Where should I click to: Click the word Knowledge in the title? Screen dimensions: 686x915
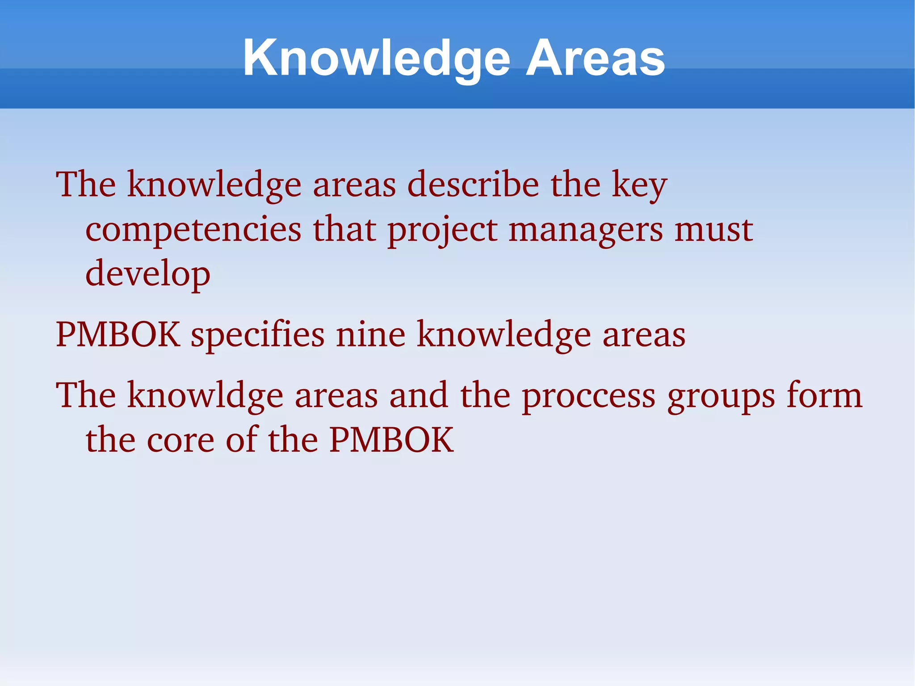click(x=376, y=58)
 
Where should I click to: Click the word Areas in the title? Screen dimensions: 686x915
click(x=595, y=58)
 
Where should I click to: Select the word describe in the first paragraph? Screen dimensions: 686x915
click(x=473, y=184)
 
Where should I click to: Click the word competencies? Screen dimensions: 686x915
click(x=193, y=230)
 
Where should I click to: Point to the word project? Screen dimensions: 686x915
click(x=442, y=231)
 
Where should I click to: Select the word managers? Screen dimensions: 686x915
click(x=585, y=231)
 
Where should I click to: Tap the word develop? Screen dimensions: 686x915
click(x=147, y=274)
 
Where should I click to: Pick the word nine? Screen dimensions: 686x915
click(x=370, y=334)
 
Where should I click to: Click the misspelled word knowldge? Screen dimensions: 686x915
click(x=205, y=396)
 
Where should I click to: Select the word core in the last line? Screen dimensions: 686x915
click(x=180, y=440)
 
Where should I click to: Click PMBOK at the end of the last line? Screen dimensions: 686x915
click(x=391, y=440)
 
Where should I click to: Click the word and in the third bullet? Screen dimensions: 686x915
click(x=419, y=395)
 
